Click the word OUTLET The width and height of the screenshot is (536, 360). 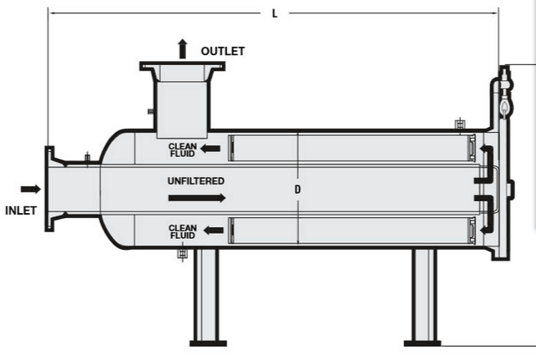click(x=223, y=52)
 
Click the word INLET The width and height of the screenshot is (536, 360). click(x=21, y=210)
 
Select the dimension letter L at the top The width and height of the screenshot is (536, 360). click(x=275, y=13)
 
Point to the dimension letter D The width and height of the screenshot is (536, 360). click(x=297, y=190)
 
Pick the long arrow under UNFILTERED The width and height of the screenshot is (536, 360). click(x=196, y=198)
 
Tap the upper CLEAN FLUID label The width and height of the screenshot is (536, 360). click(x=182, y=150)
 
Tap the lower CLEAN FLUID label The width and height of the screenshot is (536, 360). click(x=182, y=231)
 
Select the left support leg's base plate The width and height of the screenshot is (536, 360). click(x=207, y=342)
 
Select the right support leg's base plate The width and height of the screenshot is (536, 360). click(x=422, y=342)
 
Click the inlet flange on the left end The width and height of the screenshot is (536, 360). click(x=50, y=190)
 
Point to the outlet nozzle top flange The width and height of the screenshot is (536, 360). click(x=183, y=66)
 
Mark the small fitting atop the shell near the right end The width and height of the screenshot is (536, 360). click(x=458, y=125)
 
